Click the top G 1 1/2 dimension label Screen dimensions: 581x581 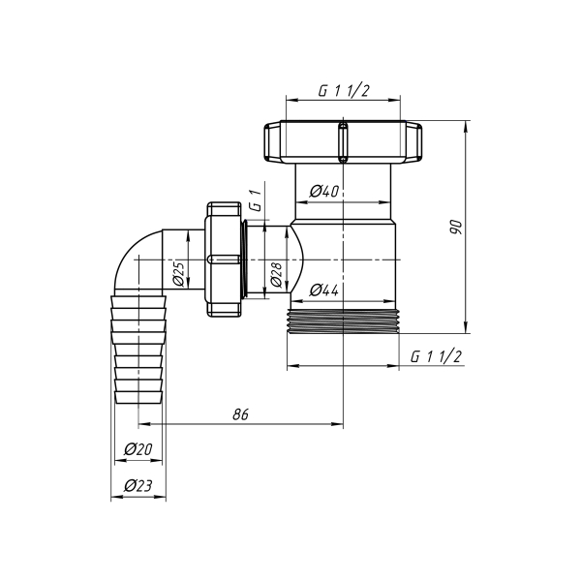345,92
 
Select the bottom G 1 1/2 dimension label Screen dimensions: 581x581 436,356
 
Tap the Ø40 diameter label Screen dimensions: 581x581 324,192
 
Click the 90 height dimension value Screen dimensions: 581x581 456,227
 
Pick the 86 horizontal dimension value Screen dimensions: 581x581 241,413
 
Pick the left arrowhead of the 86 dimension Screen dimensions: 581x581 143,424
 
